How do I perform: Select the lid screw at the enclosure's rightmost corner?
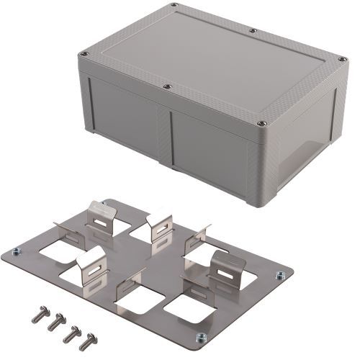(x=336, y=58)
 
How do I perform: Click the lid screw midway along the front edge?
(x=167, y=86)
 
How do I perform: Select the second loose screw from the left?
(x=53, y=323)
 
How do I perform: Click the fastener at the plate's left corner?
(x=16, y=252)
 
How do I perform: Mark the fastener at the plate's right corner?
(x=278, y=274)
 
